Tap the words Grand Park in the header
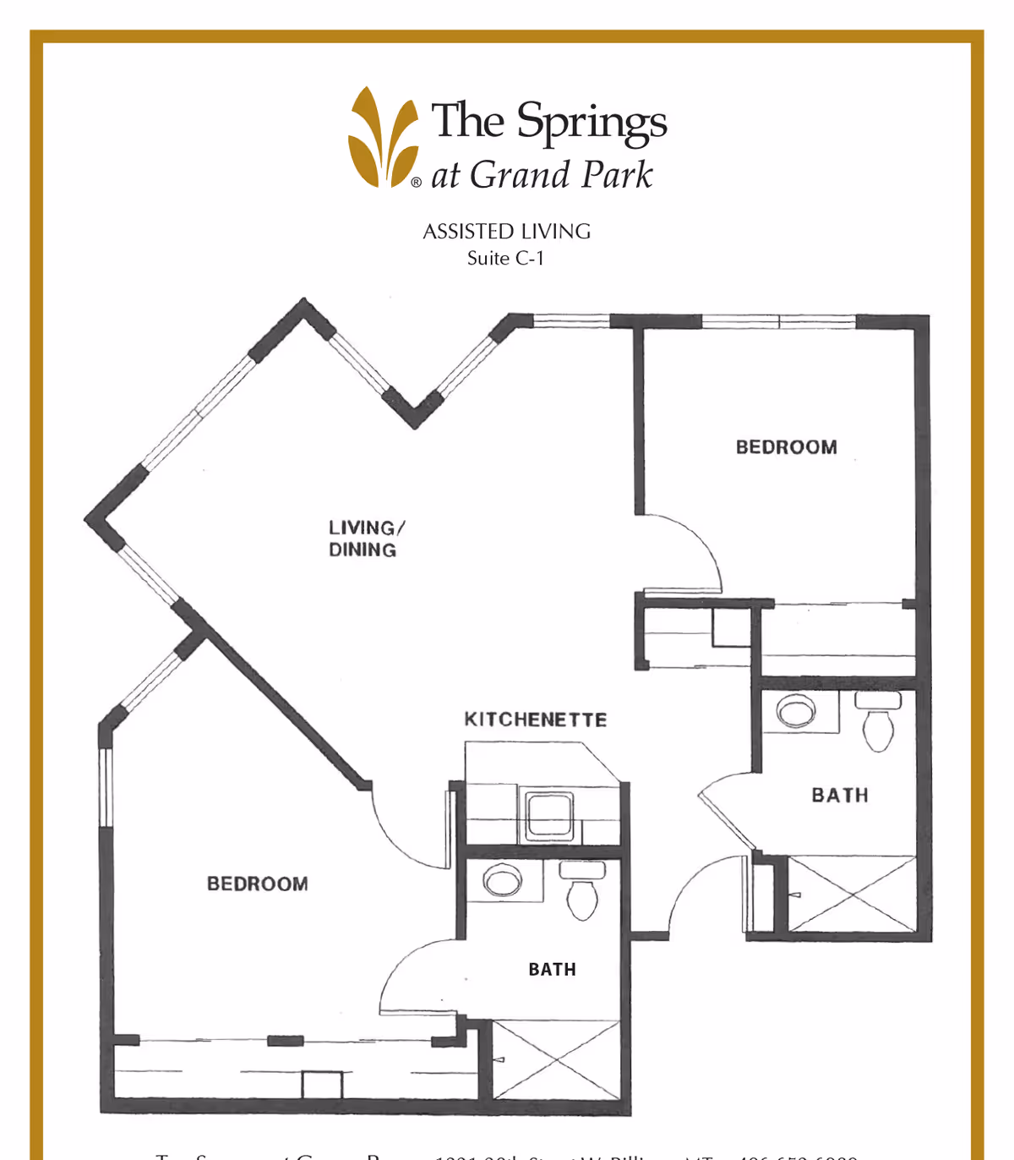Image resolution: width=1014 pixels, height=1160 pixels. pos(561,175)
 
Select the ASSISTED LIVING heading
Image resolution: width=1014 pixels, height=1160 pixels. pos(506,232)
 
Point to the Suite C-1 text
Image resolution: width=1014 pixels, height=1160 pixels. pos(505,259)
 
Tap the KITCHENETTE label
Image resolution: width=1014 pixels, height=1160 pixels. pos(535,720)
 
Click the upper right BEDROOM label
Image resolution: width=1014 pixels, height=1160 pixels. pos(786,447)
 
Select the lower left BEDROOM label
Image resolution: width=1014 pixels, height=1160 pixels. pos(257,884)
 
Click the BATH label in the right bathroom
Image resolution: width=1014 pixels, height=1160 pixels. pos(839,795)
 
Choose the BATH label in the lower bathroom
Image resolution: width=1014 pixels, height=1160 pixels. pos(552,969)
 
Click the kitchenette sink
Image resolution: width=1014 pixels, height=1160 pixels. pos(549,816)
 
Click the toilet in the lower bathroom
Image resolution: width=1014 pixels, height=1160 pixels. pos(582,891)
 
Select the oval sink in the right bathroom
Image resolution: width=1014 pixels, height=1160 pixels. pos(796,711)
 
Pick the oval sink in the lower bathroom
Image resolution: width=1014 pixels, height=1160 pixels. pos(502,881)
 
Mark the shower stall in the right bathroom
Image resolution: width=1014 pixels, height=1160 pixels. pos(852,894)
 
